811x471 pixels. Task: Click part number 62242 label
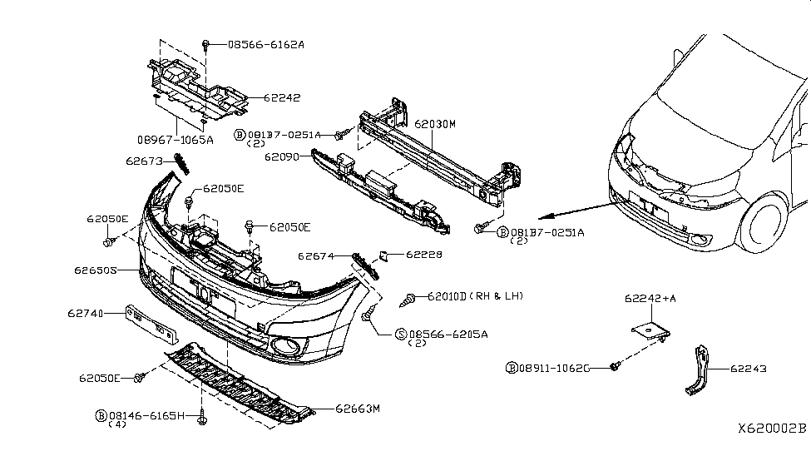coord(283,98)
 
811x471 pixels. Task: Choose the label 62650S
coord(94,270)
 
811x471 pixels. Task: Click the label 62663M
coord(357,409)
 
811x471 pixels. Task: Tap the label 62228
coord(424,255)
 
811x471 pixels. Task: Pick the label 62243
coord(749,368)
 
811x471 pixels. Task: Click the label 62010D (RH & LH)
coord(475,296)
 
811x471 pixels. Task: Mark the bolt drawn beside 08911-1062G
coord(613,366)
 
